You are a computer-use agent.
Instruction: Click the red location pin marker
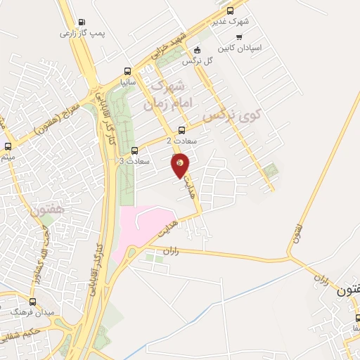click(181, 165)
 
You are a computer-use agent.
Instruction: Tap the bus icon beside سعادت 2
click(182, 130)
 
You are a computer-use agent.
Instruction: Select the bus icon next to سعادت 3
click(135, 150)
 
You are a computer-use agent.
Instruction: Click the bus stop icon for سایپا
click(127, 71)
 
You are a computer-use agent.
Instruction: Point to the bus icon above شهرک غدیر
click(231, 11)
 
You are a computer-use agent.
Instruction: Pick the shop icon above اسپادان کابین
click(240, 37)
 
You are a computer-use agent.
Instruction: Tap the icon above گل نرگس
click(197, 50)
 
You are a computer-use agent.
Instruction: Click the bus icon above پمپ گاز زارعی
click(82, 22)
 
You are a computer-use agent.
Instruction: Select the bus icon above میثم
click(8, 146)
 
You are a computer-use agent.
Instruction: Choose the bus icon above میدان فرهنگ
click(32, 301)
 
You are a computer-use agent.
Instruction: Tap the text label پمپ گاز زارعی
click(82, 33)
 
